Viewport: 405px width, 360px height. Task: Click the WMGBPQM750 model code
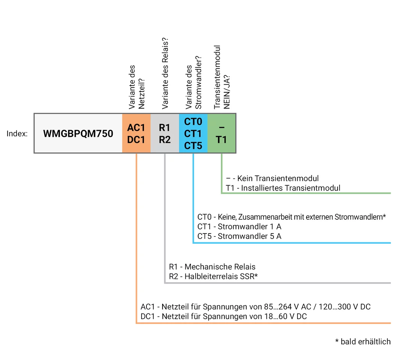click(x=78, y=133)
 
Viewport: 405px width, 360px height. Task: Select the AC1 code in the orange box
click(x=136, y=128)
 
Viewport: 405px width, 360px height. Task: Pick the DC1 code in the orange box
click(x=136, y=140)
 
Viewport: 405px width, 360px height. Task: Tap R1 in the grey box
click(x=164, y=128)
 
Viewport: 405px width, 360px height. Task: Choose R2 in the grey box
click(x=164, y=140)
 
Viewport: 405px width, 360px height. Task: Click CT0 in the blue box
click(x=193, y=122)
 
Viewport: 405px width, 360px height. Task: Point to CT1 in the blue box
click(x=193, y=133)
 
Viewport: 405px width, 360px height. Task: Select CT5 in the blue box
click(x=193, y=145)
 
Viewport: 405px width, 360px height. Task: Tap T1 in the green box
click(x=221, y=140)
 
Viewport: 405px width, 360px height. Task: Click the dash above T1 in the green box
click(x=221, y=128)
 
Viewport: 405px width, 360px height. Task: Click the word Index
click(x=17, y=134)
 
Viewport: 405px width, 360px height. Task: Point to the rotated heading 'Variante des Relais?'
click(x=164, y=73)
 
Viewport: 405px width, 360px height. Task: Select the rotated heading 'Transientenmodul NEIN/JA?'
click(x=222, y=78)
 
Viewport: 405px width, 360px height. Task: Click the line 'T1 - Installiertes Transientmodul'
click(x=283, y=188)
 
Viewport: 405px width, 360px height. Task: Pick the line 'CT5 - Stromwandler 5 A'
click(x=239, y=236)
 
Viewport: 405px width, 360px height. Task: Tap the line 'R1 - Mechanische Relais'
click(x=212, y=267)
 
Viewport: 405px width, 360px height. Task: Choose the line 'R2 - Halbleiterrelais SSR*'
click(x=214, y=276)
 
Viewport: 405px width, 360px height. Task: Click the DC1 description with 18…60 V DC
click(x=224, y=316)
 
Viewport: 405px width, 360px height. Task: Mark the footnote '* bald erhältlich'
click(x=363, y=342)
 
